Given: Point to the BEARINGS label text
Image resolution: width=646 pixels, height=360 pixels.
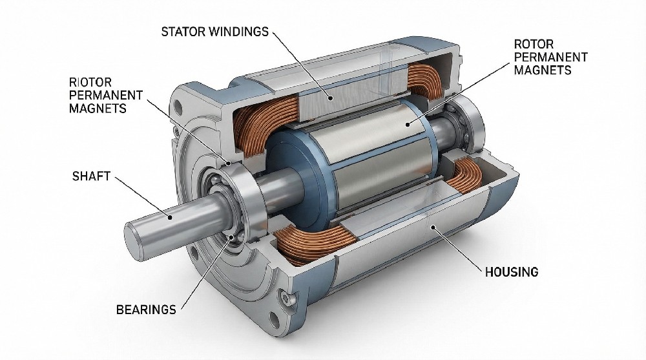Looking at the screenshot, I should coord(146,310).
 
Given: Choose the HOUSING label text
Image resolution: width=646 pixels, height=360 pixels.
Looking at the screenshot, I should coord(511,272).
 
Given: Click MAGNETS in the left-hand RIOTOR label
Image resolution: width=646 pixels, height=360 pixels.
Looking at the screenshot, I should coord(98,108).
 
